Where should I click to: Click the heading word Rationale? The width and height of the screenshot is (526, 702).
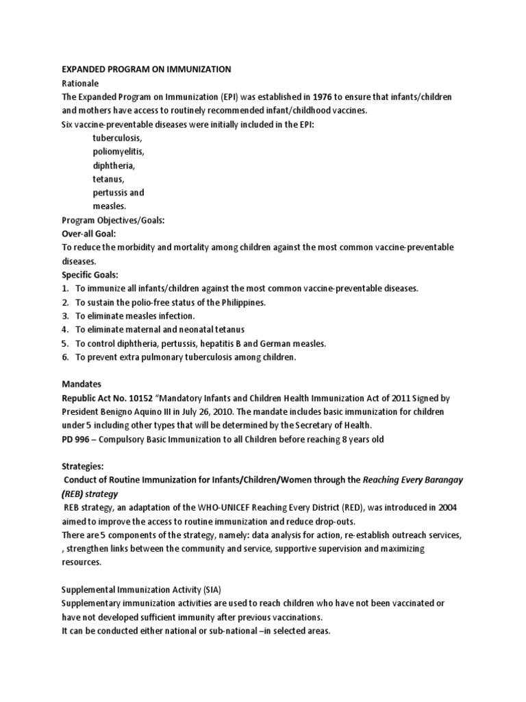tap(82, 83)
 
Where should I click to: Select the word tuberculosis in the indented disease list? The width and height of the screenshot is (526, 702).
tap(117, 138)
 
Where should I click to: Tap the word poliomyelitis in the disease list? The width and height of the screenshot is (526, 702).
tap(118, 152)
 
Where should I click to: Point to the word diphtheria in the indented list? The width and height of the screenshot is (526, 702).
tap(114, 165)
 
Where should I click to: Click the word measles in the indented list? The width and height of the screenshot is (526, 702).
tap(110, 206)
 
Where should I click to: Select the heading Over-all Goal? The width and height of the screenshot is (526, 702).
tap(89, 233)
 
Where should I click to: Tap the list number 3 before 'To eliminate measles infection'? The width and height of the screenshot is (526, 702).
tap(65, 315)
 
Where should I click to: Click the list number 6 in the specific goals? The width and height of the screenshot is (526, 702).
tap(65, 356)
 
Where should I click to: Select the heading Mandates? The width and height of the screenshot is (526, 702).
tap(82, 384)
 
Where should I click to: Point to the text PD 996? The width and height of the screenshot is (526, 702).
tap(77, 439)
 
